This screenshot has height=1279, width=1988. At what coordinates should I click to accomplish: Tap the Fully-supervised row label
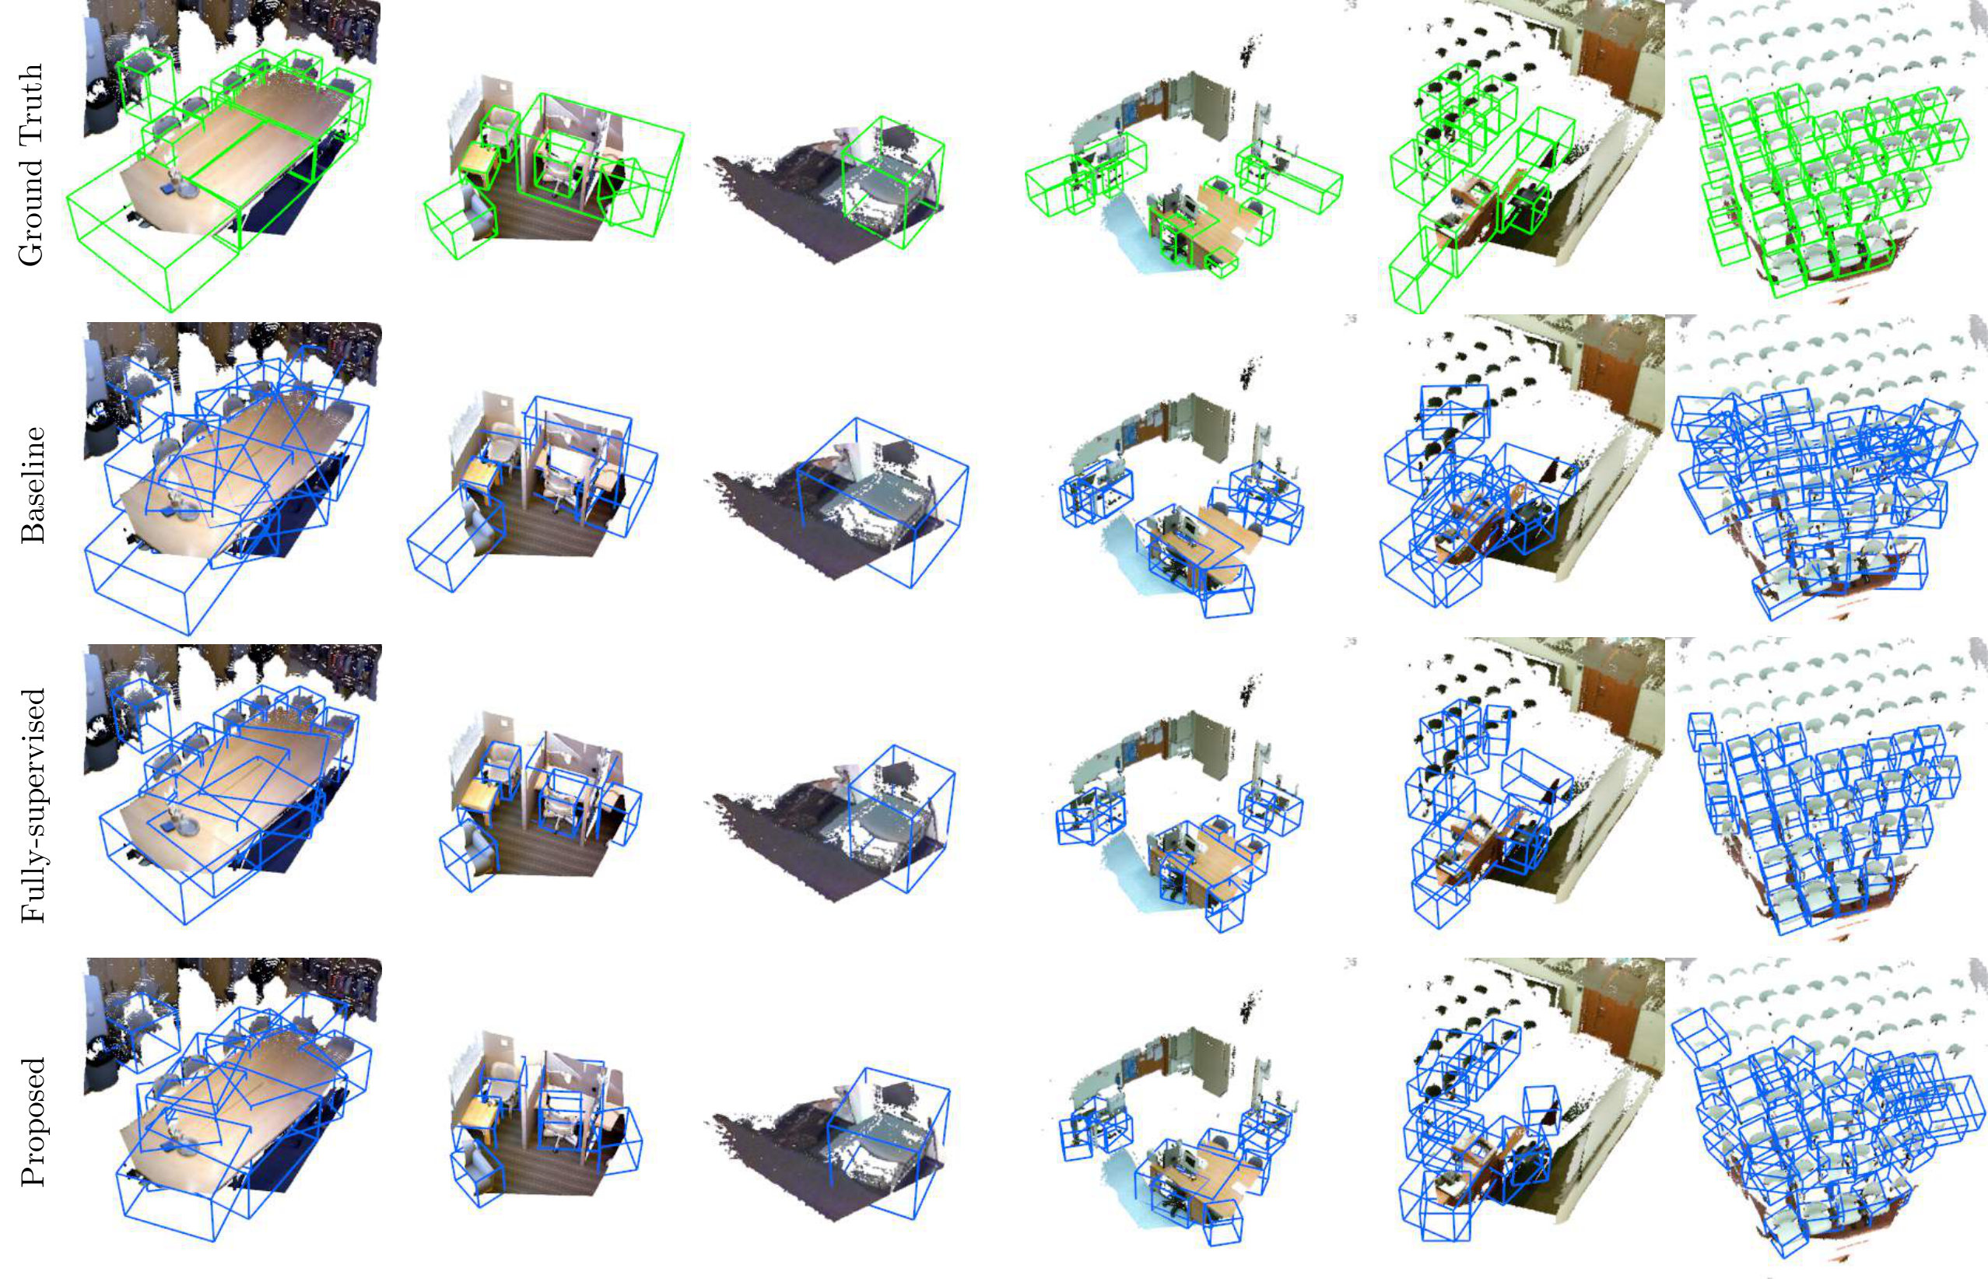click(x=33, y=793)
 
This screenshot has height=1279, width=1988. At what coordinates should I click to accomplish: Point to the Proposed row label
click(x=33, y=1112)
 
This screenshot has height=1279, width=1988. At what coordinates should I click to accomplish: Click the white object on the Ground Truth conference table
click(x=175, y=182)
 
